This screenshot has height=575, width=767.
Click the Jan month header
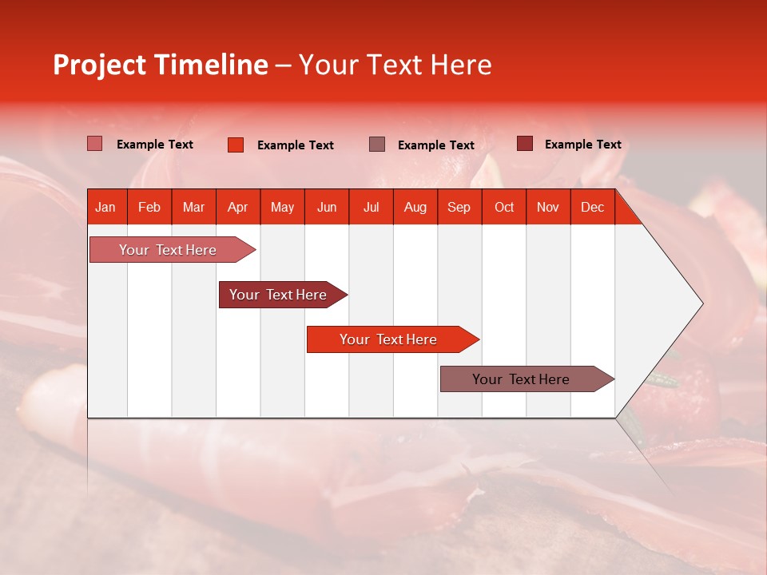coord(106,207)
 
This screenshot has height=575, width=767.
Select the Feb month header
coord(149,207)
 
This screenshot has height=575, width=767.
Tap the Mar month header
coord(193,207)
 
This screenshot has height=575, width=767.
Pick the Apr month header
coord(238,207)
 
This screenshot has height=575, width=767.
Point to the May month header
coord(282,207)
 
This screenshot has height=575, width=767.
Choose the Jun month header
coord(327,207)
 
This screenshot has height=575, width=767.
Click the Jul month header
coord(371,207)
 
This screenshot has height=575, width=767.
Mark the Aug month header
coord(415,207)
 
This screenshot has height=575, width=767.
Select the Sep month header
coord(459,207)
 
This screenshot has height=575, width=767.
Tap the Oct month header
coord(504,207)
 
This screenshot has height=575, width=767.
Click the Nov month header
coord(548,207)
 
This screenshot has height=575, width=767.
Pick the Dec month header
coord(592,207)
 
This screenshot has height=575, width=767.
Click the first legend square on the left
coord(95,144)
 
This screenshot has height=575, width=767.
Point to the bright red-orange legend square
coord(236,145)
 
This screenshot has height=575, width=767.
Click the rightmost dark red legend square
coord(525,144)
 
